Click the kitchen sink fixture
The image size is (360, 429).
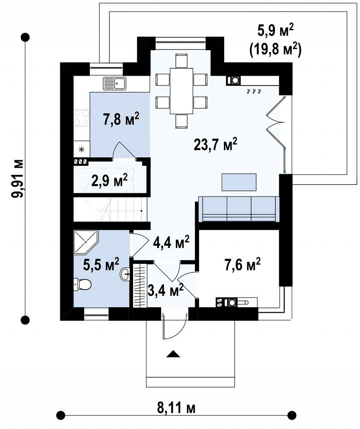115,83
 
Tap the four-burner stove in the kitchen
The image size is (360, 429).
82,118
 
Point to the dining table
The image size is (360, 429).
181,91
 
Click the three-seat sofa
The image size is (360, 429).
239,209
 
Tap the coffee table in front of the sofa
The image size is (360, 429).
239,182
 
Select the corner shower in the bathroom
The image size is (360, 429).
86,242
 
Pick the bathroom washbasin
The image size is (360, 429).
125,274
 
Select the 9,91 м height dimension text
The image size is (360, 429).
17,178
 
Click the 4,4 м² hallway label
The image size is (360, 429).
171,242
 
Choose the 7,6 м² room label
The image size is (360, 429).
243,265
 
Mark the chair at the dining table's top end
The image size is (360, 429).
181,61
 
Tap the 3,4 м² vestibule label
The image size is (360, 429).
166,290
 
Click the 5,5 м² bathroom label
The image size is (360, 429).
101,264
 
